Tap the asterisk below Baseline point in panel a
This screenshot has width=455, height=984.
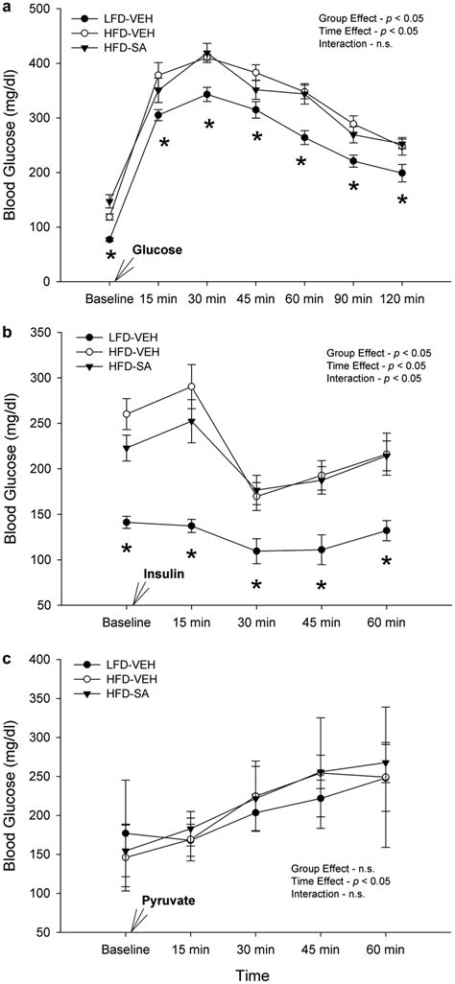110,257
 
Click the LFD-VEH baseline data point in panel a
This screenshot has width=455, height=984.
110,239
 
